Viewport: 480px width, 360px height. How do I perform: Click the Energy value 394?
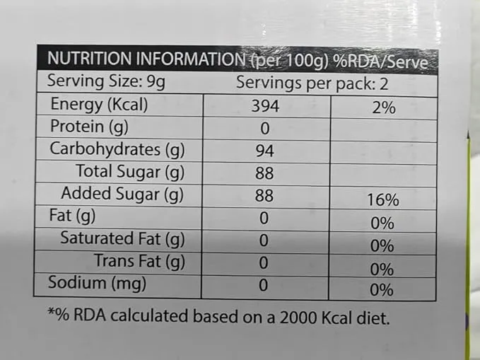265,106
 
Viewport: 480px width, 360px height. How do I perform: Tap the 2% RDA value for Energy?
384,108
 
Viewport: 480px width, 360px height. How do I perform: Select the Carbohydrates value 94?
265,151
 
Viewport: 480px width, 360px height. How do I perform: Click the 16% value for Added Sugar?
383,199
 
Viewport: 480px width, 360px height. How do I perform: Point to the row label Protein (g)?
89,127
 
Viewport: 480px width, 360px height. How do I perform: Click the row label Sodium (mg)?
97,282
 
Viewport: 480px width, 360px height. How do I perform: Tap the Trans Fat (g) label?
139,261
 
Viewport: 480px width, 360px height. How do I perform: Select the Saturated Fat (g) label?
122,238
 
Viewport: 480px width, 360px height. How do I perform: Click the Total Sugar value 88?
264,173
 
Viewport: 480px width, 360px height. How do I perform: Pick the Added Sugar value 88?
264,195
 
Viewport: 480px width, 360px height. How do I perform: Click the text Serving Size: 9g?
106,81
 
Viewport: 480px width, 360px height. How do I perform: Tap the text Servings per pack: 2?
312,83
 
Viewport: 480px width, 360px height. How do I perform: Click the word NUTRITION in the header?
89,58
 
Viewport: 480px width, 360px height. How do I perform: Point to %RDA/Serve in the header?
380,62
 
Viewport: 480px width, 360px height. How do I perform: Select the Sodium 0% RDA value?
382,289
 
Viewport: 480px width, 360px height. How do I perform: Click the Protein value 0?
265,129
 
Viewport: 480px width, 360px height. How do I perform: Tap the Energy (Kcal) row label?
99,105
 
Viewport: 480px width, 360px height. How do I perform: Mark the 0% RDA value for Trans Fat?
382,269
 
